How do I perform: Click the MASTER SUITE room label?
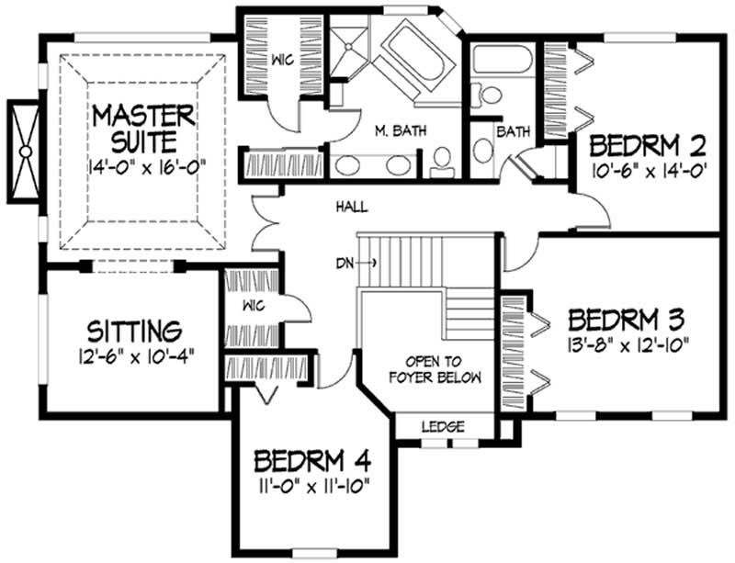tap(143, 129)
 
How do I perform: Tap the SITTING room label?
tap(134, 331)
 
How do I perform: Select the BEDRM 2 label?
tap(648, 145)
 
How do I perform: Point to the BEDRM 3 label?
tap(627, 320)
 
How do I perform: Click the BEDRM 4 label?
tap(312, 461)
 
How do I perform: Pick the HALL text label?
tap(352, 207)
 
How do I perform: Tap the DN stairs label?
tap(345, 264)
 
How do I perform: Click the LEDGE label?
tap(443, 426)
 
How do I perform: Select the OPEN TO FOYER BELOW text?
tap(435, 370)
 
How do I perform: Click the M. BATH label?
tap(401, 130)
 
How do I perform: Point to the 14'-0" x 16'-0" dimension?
tap(147, 166)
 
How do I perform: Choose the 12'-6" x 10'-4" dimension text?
tap(135, 357)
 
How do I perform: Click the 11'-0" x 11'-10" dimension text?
tap(312, 487)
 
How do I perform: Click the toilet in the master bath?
tap(442, 163)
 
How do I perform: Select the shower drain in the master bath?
tap(348, 46)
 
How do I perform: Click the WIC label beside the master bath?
tap(283, 60)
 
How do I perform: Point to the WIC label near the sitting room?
tap(254, 306)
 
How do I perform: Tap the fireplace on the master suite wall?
tap(25, 152)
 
